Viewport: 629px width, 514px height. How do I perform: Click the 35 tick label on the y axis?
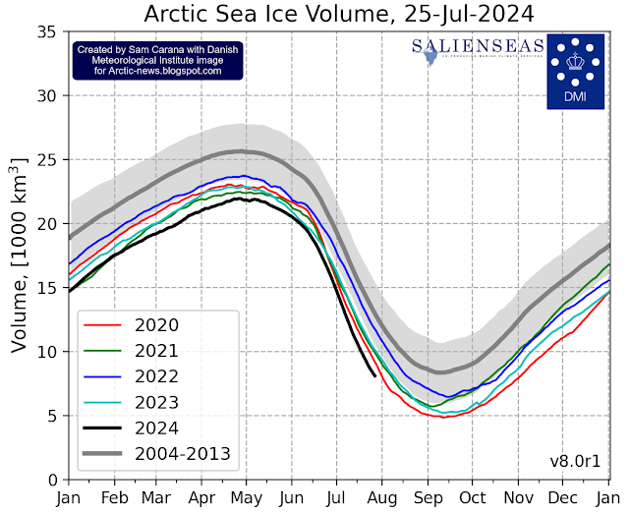pyautogui.click(x=44, y=32)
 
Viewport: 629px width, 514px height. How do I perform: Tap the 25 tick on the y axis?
pyautogui.click(x=44, y=160)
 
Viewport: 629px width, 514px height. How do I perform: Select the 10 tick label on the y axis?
pyautogui.click(x=44, y=352)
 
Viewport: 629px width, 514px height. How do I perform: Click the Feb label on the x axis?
pyautogui.click(x=115, y=498)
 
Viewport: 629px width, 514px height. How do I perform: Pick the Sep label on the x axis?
pyautogui.click(x=426, y=498)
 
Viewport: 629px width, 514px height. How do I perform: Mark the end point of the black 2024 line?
pyautogui.click(x=374, y=374)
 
